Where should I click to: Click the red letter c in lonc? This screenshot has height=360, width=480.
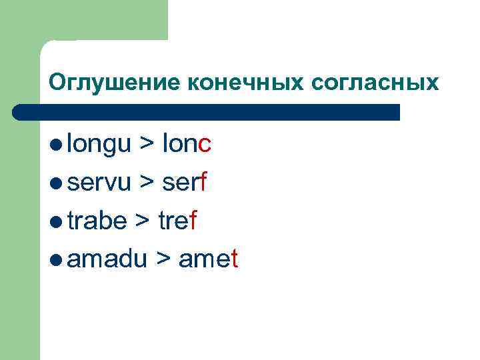tap(205, 145)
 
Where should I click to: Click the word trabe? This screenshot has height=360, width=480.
tap(96, 221)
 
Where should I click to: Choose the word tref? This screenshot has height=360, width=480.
tap(177, 221)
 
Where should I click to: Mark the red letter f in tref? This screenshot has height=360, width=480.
tap(193, 221)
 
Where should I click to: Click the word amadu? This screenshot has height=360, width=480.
tap(107, 259)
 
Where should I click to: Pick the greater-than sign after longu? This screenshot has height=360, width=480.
tap(146, 145)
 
